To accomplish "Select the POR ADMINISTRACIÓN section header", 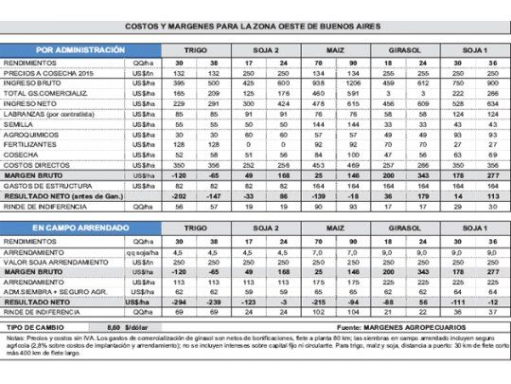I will pos(80,48).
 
